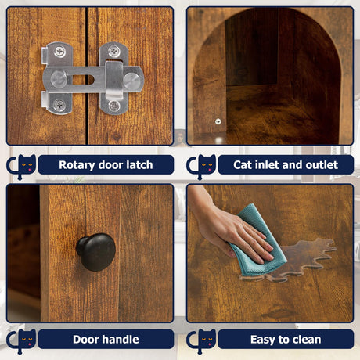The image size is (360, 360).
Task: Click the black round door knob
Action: click(96, 252)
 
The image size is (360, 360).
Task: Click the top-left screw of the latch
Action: click(60, 52)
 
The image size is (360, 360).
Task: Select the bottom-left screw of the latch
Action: click(59, 105)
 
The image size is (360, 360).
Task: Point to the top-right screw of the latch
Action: click(113, 51)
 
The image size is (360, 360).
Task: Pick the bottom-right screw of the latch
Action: click(114, 106)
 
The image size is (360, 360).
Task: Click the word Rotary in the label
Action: click(77, 165)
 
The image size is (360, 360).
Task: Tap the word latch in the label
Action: click(139, 165)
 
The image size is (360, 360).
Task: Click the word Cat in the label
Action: click(242, 165)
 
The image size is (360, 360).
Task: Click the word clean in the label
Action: click(307, 340)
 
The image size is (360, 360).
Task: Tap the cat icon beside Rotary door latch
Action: click(22, 166)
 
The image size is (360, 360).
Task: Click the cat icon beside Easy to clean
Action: click(202, 340)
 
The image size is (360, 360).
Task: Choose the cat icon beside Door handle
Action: click(22, 340)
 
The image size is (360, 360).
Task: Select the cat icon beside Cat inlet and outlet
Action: click(202, 166)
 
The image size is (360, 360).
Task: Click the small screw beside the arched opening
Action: click(218, 121)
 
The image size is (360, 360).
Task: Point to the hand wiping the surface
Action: click(232, 229)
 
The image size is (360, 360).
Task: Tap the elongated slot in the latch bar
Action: click(83, 79)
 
